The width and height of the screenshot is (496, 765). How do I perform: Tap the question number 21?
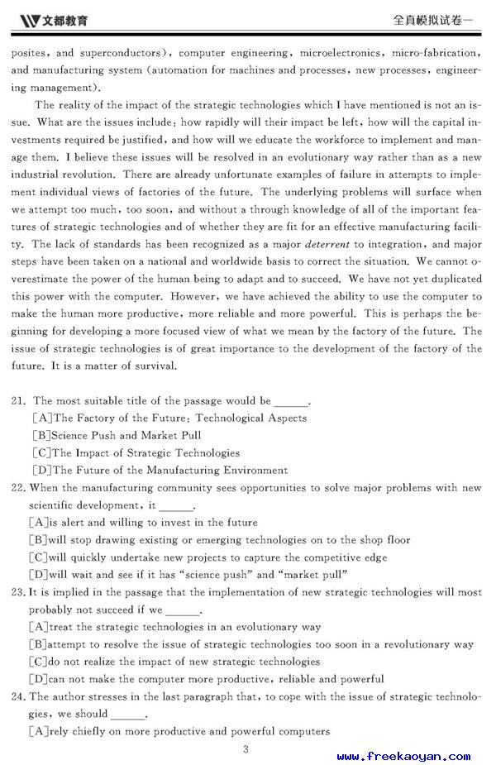18,401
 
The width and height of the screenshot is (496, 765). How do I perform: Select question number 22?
18,488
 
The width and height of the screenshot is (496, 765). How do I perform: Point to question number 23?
18,592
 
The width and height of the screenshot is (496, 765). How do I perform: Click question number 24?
18,696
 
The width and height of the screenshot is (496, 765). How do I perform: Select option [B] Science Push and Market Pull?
117,436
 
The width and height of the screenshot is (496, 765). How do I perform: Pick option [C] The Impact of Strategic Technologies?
136,453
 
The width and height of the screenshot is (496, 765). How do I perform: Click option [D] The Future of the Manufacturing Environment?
159,471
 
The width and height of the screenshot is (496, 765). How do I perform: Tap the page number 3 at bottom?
246,749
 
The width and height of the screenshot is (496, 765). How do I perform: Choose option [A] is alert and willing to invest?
143,523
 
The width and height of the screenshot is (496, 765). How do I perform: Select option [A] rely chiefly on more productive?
179,731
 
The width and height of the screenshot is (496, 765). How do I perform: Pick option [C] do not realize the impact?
174,662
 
